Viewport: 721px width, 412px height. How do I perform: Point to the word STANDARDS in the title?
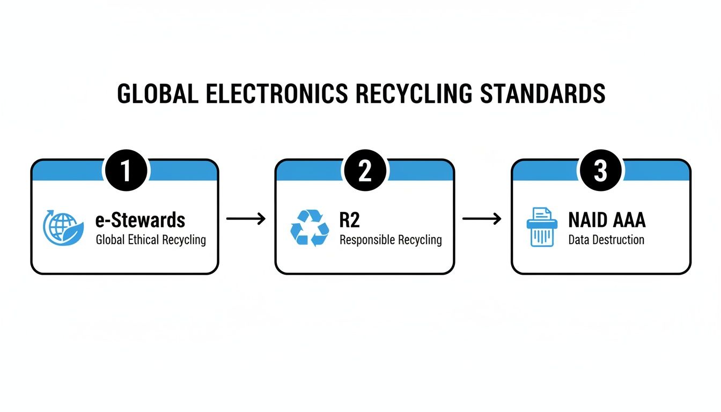point(542,94)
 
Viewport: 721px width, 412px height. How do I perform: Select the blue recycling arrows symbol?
point(310,228)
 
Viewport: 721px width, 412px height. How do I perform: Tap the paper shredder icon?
point(541,227)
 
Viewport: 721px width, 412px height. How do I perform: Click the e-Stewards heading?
point(140,220)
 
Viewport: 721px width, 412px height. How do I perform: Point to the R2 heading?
point(349,220)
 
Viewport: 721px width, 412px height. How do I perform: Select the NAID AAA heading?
point(607,220)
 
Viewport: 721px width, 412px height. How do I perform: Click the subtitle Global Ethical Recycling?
point(151,239)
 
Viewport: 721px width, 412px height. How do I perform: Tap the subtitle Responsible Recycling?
point(391,239)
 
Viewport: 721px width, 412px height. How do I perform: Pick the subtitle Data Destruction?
point(606,239)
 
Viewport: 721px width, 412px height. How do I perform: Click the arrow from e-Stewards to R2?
point(246,218)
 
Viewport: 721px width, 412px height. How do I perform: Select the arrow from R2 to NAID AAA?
point(482,218)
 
